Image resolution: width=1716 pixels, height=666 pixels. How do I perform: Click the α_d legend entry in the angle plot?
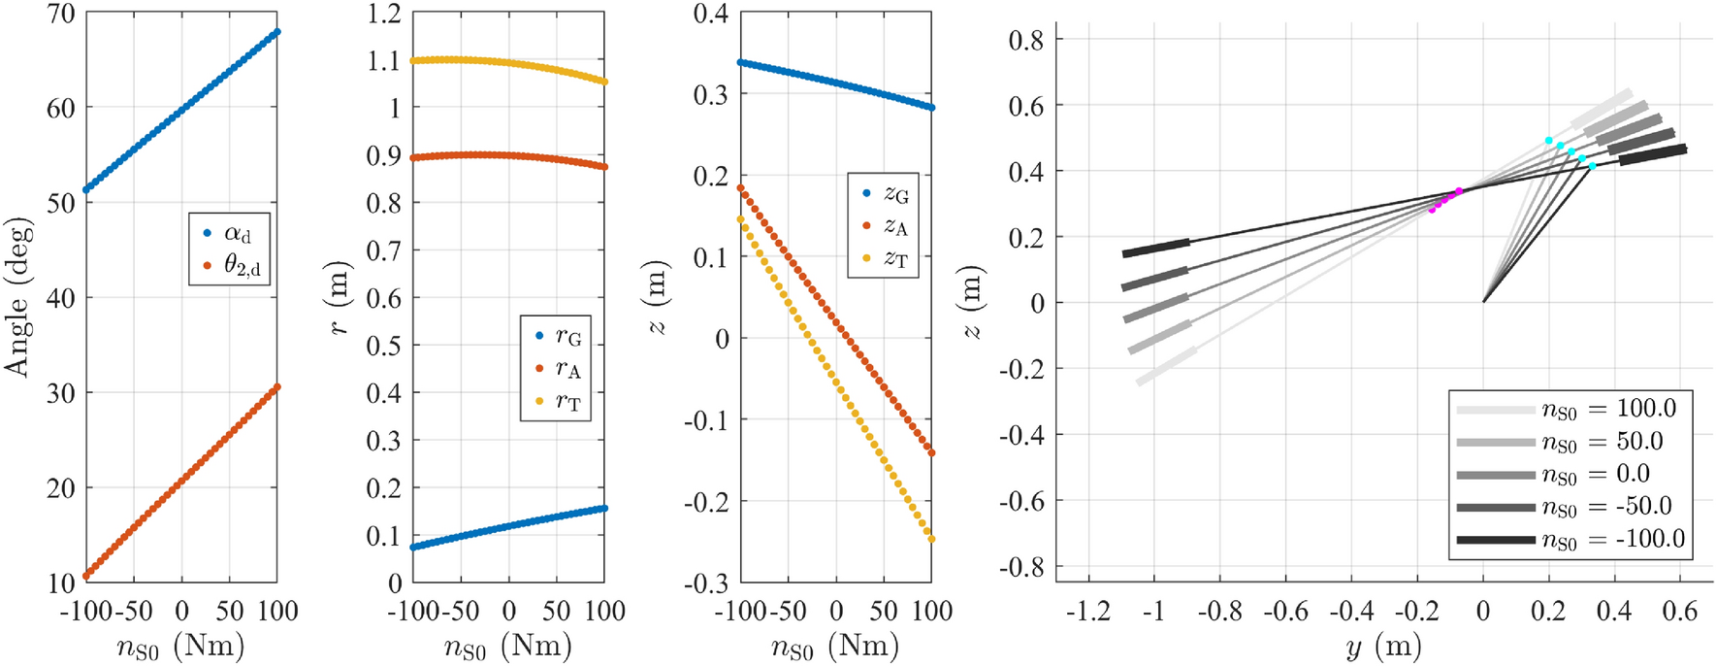[x=229, y=233]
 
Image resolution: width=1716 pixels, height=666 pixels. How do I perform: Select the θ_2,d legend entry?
[x=229, y=265]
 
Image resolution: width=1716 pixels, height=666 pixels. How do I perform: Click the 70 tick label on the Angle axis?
[x=60, y=15]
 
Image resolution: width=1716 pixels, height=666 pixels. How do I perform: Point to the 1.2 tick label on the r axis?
[x=384, y=15]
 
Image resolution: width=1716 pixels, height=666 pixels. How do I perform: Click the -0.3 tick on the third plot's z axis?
[x=709, y=583]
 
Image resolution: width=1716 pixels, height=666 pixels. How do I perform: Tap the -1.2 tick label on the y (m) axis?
[x=1086, y=612]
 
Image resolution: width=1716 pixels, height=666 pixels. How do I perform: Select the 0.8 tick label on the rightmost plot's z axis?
[x=1025, y=40]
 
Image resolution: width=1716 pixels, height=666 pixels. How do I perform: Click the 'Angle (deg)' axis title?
[x=17, y=297]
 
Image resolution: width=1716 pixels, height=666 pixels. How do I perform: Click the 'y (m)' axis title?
[x=1383, y=647]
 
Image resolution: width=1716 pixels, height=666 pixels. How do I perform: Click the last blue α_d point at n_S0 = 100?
[x=277, y=32]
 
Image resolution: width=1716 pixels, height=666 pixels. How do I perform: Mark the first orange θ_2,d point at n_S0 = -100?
[x=86, y=576]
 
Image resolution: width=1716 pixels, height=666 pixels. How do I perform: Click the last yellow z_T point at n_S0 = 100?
[x=931, y=539]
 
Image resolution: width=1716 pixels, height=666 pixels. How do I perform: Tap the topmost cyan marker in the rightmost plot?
[x=1549, y=141]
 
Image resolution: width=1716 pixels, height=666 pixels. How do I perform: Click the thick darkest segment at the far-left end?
[x=1155, y=248]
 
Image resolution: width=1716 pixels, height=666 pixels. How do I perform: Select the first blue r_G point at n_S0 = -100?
[x=413, y=548]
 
